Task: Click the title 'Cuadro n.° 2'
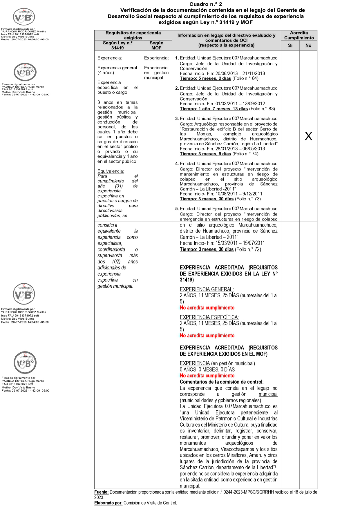tap(206, 4)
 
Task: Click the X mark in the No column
tap(308, 136)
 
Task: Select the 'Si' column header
tap(290, 45)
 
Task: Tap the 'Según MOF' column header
tap(156, 45)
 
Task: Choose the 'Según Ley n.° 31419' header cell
tap(117, 45)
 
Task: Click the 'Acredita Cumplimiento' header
tap(299, 35)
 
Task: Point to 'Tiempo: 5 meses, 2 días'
tap(205, 78)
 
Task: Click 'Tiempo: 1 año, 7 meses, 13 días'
tap(214, 109)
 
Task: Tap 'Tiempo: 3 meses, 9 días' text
tap(205, 154)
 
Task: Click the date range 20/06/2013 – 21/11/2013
tap(240, 73)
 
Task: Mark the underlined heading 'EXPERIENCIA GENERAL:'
tap(207, 289)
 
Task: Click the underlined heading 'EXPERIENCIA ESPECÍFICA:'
tap(209, 317)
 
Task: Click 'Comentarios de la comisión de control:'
tap(222, 382)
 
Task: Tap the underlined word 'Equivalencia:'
tap(111, 171)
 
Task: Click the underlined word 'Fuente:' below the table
tap(101, 492)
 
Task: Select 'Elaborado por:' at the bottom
tap(108, 503)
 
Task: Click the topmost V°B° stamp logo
tap(24, 17)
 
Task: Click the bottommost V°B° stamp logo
tap(25, 363)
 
